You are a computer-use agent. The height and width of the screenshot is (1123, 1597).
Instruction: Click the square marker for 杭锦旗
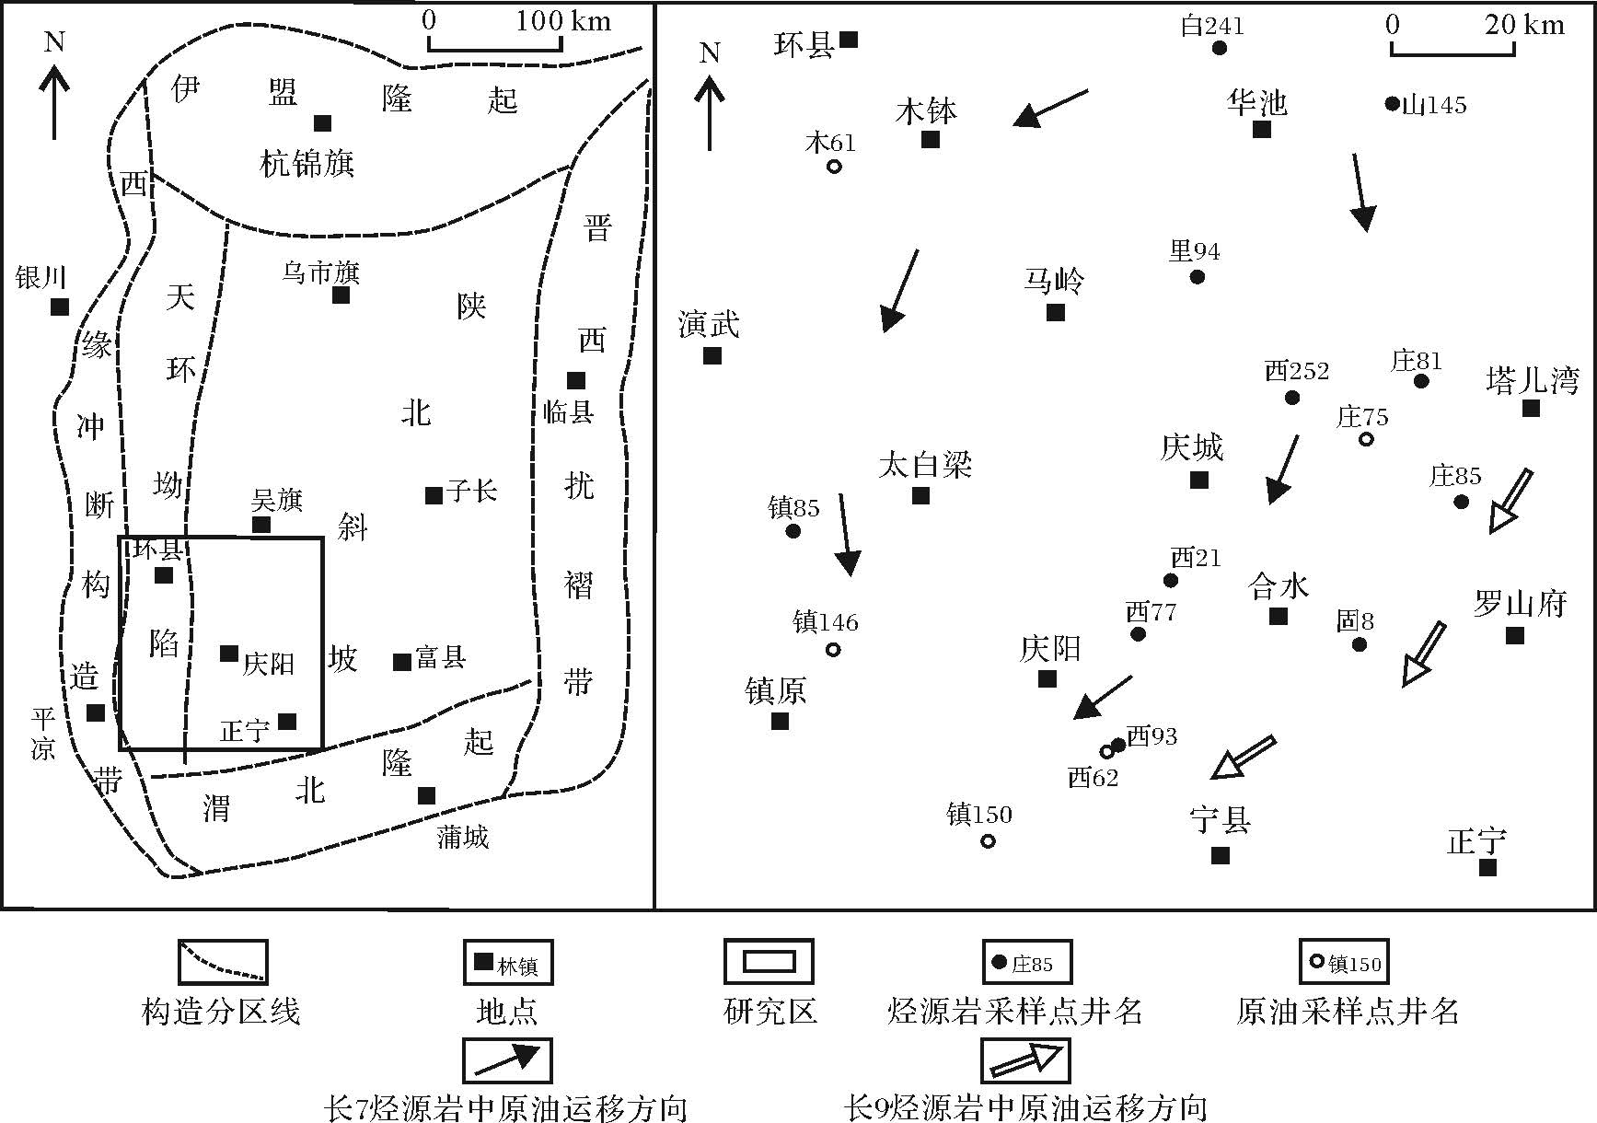[x=322, y=123]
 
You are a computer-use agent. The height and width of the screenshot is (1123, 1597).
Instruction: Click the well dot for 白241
[x=1220, y=48]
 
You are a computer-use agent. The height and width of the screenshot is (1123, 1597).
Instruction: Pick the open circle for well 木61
[x=834, y=167]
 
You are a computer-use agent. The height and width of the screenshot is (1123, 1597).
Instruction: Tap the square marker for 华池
[x=1262, y=130]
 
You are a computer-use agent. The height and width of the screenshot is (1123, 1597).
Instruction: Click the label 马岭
[x=1054, y=280]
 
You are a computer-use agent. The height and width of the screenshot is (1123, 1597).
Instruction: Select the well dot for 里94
[x=1197, y=276]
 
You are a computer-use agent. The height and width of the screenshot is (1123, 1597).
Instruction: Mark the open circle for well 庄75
[x=1367, y=439]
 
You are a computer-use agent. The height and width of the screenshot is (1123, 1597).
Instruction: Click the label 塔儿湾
[x=1532, y=380]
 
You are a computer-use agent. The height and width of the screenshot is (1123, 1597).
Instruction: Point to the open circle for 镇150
[x=988, y=840]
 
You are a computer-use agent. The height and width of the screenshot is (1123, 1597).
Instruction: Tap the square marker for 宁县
[x=1221, y=856]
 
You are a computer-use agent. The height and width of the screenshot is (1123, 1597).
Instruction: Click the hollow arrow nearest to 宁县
[x=1244, y=758]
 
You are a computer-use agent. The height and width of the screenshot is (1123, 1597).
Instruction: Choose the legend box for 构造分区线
[x=222, y=962]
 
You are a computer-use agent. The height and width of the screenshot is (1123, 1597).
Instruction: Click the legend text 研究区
[x=770, y=1011]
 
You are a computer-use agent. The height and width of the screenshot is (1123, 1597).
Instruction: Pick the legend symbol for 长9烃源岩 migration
[x=1024, y=1060]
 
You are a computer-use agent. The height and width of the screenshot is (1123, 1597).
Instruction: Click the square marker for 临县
[x=576, y=380]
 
